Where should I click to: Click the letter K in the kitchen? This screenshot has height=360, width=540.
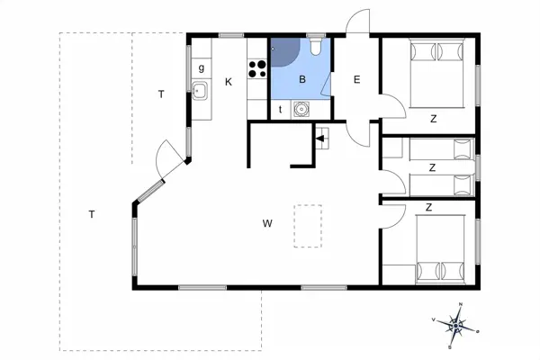[229, 82]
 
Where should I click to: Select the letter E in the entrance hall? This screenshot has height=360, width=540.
[356, 80]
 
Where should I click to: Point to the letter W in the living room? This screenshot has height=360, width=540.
[267, 222]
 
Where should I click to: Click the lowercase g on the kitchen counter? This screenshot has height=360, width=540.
[201, 68]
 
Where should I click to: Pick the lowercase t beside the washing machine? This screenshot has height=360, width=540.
[280, 109]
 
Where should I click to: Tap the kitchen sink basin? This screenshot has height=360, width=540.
[201, 90]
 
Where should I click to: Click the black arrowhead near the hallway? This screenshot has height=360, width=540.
[319, 139]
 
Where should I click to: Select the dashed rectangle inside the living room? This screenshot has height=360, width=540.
[309, 226]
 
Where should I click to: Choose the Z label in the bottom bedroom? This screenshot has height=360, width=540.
[429, 207]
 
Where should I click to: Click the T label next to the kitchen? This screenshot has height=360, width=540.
[160, 94]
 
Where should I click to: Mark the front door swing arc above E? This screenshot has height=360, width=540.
[358, 22]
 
